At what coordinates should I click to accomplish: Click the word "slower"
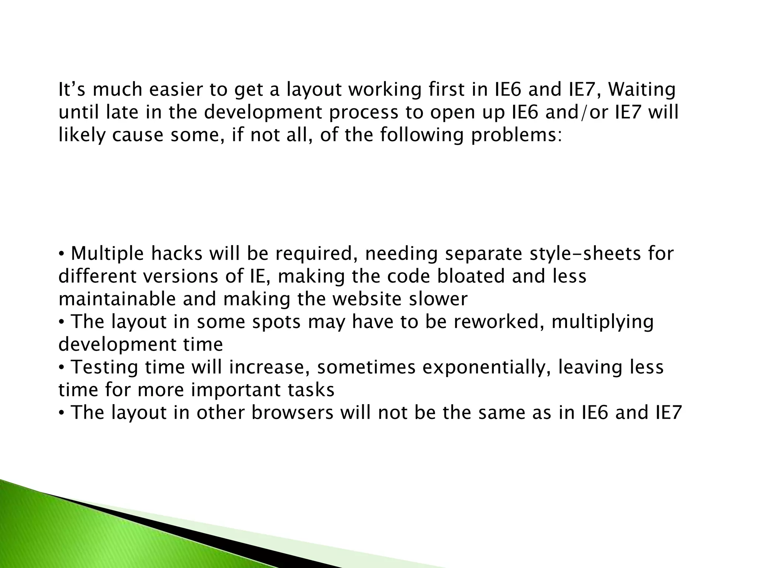pyautogui.click(x=438, y=299)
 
